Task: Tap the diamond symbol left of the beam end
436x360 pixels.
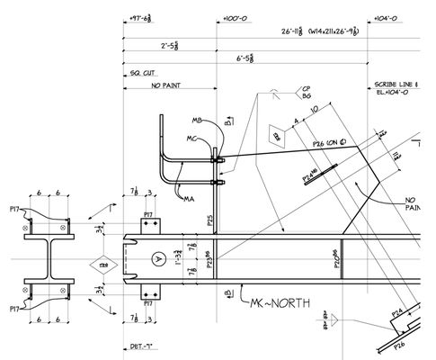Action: click(104, 265)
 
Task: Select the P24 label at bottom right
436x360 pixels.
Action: click(396, 313)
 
